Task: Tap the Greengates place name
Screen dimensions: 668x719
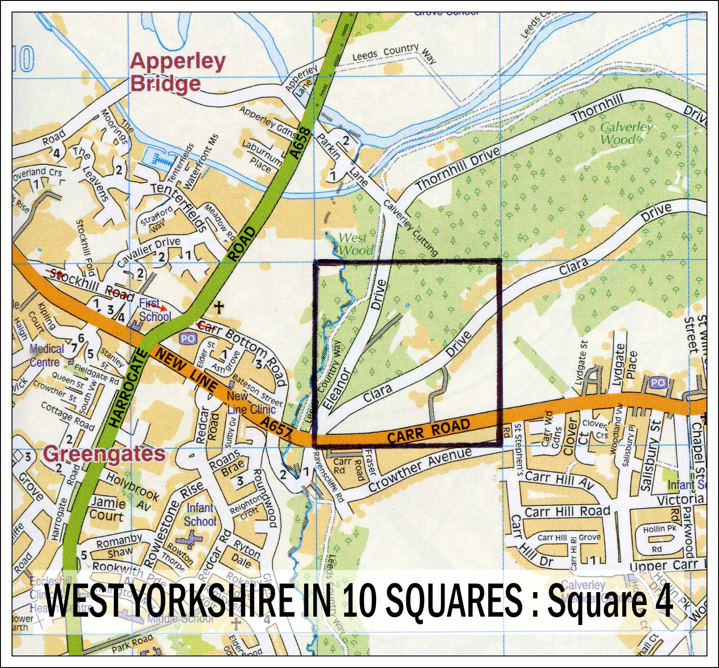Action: coord(104,454)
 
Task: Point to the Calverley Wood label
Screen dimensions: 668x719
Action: coord(626,133)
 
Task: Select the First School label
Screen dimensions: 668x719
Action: coord(155,310)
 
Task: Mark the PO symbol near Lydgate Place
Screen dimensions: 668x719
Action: coord(657,383)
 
